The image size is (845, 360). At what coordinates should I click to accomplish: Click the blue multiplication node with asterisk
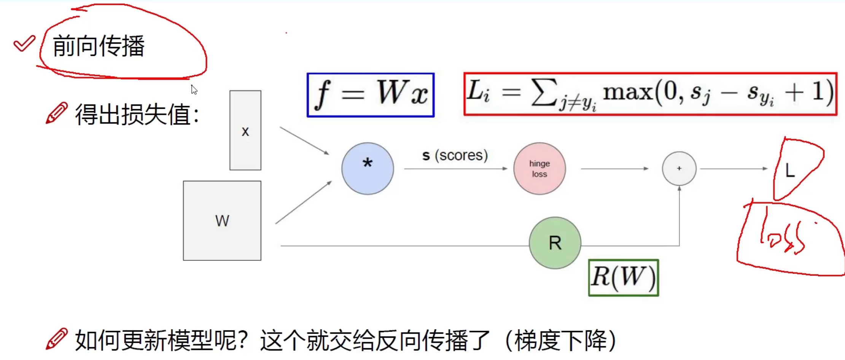[368, 169]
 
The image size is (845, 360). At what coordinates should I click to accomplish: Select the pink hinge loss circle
[539, 169]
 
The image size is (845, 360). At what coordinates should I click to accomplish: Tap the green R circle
[555, 243]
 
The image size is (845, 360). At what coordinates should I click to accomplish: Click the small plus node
[679, 168]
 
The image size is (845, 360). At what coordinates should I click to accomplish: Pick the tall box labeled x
[245, 130]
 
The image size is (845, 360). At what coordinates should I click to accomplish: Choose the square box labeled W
[222, 221]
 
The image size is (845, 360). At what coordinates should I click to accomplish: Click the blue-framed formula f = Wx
[371, 95]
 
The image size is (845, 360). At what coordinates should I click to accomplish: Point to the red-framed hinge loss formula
[650, 94]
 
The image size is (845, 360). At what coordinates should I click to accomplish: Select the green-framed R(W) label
[623, 277]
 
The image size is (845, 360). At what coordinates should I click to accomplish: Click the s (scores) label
[455, 155]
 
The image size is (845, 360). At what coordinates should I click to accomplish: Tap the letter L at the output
[790, 170]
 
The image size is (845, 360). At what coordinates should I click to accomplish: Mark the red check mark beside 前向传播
[24, 43]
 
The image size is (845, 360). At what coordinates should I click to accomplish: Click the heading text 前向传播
[99, 46]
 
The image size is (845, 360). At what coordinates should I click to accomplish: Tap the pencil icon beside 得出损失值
[56, 113]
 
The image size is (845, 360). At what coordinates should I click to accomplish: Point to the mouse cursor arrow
[194, 90]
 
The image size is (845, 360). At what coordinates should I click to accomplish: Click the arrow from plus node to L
[734, 169]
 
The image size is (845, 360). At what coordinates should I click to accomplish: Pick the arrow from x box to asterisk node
[304, 141]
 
